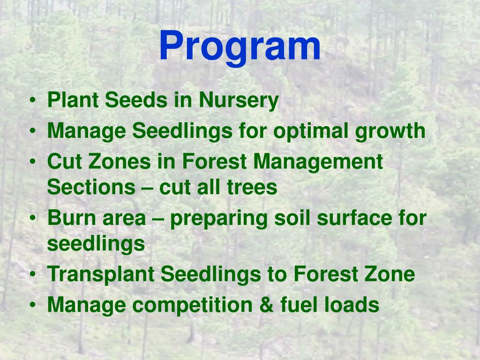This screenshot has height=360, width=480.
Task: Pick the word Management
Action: click(x=318, y=163)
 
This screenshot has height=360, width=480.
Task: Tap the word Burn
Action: click(x=71, y=218)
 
